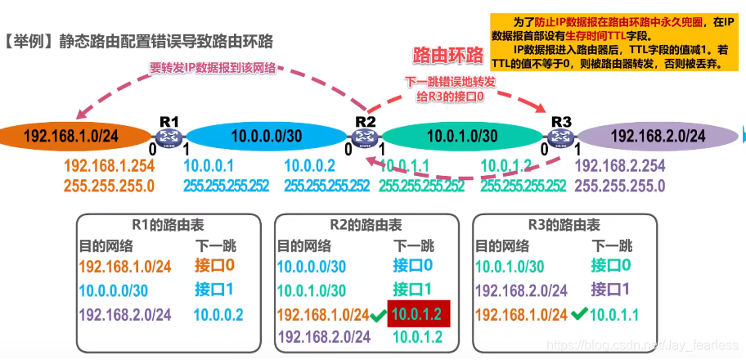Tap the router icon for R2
pyautogui.click(x=364, y=137)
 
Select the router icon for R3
pyautogui.click(x=561, y=137)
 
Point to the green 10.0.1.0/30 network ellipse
pyautogui.click(x=462, y=137)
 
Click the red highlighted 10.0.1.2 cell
pyautogui.click(x=420, y=314)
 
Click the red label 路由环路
pyautogui.click(x=447, y=56)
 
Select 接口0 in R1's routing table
pyautogui.click(x=214, y=266)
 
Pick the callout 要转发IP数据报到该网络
pyautogui.click(x=213, y=70)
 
